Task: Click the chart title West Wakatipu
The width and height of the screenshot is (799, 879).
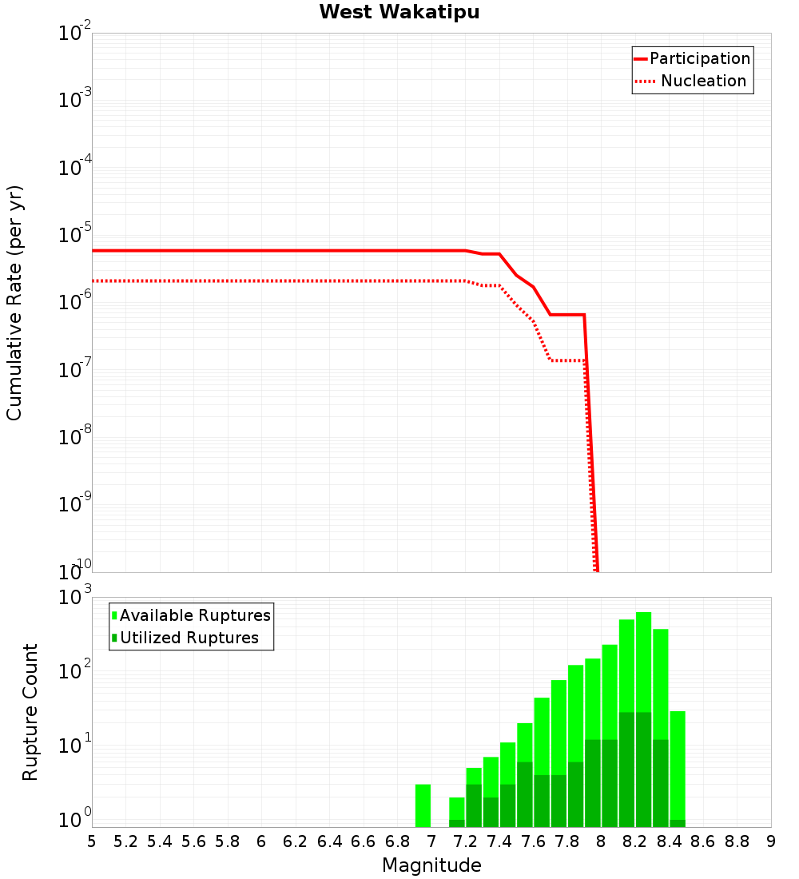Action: [399, 13]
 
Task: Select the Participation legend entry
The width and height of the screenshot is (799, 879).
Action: [699, 59]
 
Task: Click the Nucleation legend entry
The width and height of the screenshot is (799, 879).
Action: [702, 82]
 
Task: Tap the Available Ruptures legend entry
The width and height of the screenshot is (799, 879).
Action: [195, 615]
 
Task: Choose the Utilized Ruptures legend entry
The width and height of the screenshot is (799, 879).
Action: [189, 638]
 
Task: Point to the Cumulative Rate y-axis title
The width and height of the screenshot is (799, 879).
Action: [14, 302]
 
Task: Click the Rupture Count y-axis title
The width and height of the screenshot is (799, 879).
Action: [30, 711]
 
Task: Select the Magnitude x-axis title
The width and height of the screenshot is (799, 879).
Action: [431, 865]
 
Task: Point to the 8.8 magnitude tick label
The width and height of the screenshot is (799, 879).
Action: [737, 841]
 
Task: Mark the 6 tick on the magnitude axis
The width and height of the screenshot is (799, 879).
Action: [261, 841]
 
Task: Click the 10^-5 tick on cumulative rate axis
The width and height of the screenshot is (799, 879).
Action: [75, 236]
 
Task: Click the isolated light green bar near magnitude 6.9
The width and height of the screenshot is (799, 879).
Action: [423, 805]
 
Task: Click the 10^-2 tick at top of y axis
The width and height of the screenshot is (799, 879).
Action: [75, 34]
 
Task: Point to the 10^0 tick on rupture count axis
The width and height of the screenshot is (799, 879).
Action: [75, 819]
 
